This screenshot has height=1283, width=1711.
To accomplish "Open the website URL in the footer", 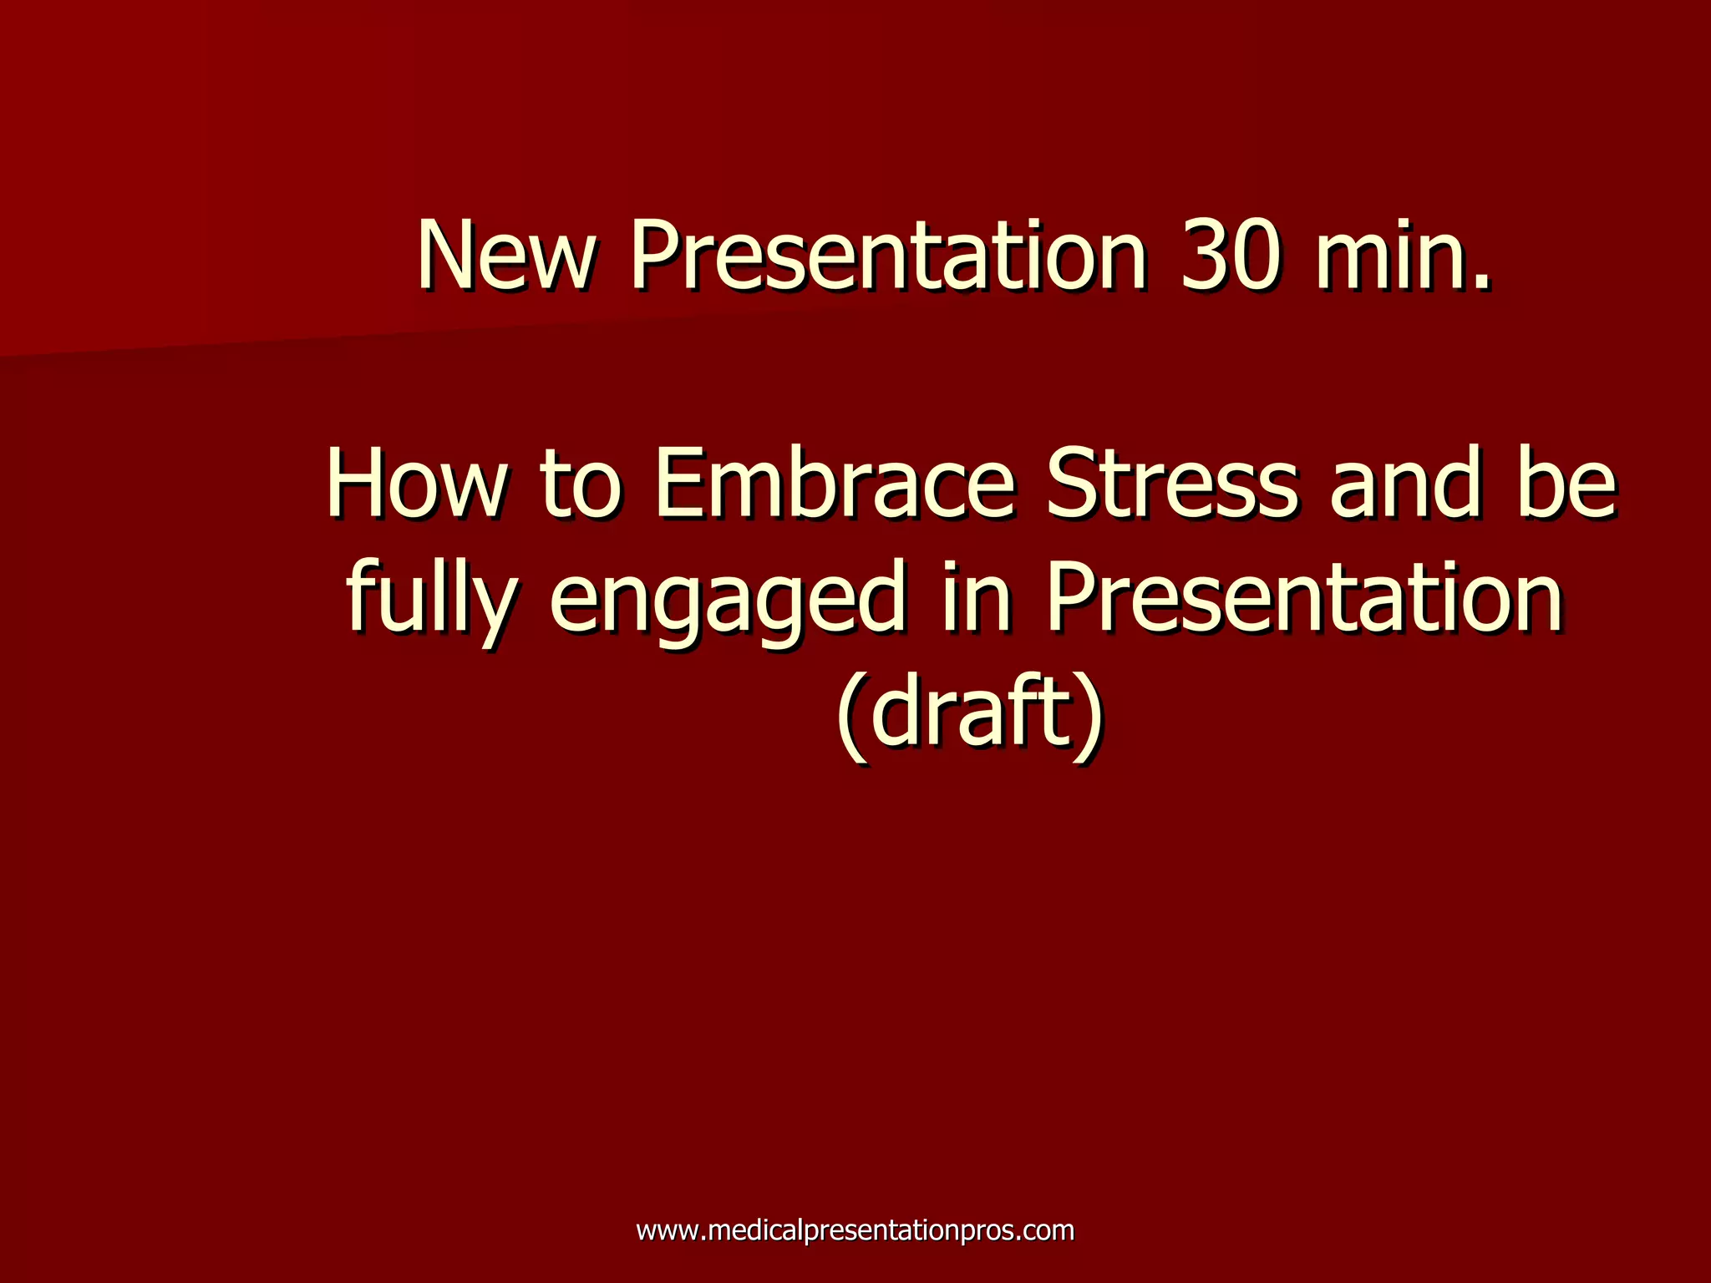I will pos(855,1230).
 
